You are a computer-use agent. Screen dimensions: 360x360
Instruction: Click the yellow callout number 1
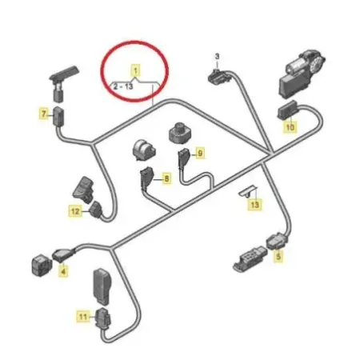pyautogui.click(x=136, y=70)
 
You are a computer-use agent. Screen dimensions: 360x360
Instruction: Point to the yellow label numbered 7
pyautogui.click(x=44, y=114)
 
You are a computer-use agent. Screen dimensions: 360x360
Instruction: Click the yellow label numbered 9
pyautogui.click(x=199, y=152)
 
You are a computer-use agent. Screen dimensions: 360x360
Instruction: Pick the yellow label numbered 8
pyautogui.click(x=166, y=179)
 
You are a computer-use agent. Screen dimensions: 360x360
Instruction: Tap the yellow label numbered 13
pyautogui.click(x=254, y=205)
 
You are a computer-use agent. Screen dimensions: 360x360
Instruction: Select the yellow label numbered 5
pyautogui.click(x=279, y=257)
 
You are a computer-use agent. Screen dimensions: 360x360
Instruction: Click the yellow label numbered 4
pyautogui.click(x=63, y=271)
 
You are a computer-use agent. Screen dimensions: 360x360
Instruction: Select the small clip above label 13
pyautogui.click(x=248, y=190)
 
